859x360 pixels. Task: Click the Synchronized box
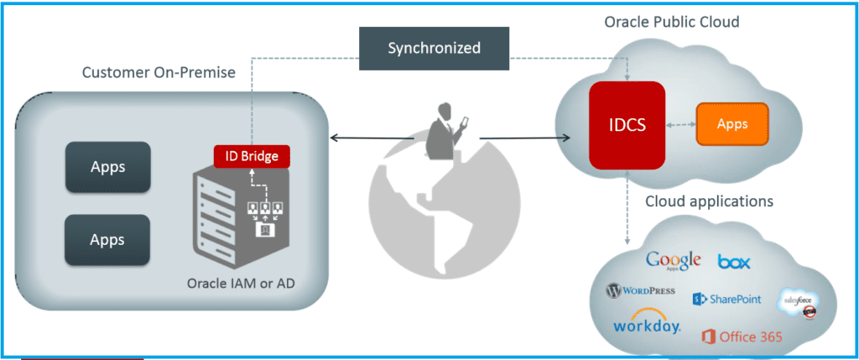point(434,48)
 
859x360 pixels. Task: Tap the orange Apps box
point(732,123)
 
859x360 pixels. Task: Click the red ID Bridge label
point(252,155)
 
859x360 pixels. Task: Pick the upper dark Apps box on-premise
point(107,167)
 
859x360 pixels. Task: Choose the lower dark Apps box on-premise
point(107,239)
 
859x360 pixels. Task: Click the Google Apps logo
point(673,261)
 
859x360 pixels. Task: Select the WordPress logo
point(640,291)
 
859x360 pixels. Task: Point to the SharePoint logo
point(726,299)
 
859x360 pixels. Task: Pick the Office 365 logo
point(742,337)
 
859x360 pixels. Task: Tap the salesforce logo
point(798,304)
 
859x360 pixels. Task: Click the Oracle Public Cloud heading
point(671,22)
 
